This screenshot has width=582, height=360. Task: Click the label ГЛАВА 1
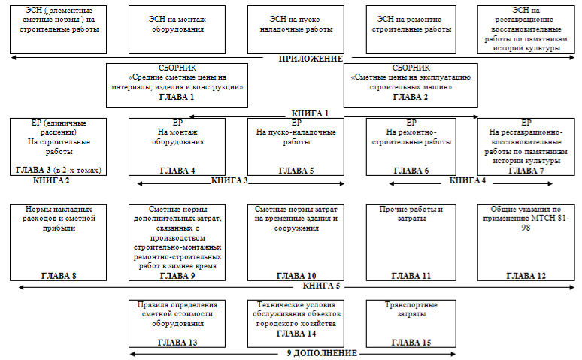(177, 97)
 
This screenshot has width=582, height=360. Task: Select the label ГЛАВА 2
(411, 97)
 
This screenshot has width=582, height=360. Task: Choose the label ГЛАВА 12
(526, 276)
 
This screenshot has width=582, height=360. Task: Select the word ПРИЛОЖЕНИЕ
(311, 59)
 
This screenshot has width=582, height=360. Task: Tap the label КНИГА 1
(310, 113)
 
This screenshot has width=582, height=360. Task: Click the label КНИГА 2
(52, 180)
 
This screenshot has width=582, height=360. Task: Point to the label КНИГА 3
(229, 180)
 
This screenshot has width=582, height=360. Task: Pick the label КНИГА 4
(467, 180)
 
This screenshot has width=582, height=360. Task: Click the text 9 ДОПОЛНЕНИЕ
(322, 352)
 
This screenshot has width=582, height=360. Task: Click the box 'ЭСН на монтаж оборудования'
(177, 29)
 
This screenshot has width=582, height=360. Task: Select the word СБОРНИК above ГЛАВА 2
(411, 68)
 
